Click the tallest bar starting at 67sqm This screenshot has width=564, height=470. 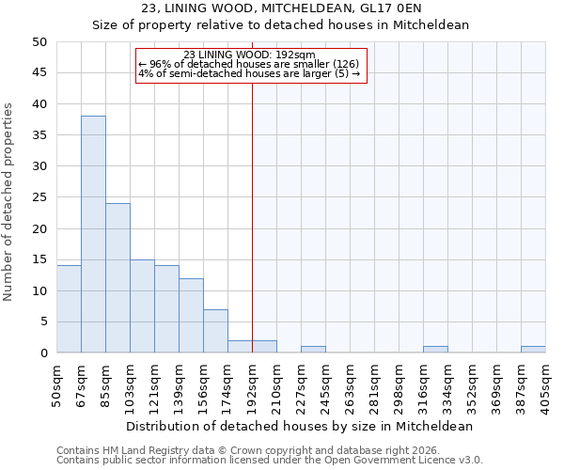pos(93,234)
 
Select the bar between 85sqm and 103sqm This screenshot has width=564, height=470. pos(117,278)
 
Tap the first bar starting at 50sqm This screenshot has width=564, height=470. pos(69,309)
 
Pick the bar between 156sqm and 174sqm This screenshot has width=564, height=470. pos(215,331)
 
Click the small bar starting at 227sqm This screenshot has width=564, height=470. pos(313,350)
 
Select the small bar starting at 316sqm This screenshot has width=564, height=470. pos(435,350)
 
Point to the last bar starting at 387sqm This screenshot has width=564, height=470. pos(533,350)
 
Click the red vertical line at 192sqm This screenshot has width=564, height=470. pos(252,216)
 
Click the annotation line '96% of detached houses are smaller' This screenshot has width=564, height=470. pos(248,64)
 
